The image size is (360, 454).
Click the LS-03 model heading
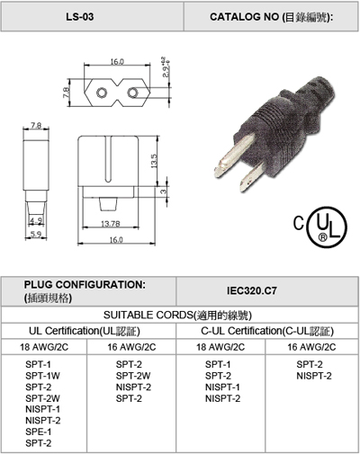tap(80, 17)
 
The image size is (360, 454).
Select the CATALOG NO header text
tap(271, 17)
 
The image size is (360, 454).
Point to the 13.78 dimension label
tap(111, 224)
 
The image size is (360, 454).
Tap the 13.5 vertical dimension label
tap(154, 161)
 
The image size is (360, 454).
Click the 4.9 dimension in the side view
tap(36, 221)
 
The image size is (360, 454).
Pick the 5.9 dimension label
tap(36, 234)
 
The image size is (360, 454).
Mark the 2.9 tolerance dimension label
tap(166, 67)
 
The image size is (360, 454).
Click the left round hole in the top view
tap(101, 93)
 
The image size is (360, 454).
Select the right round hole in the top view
tap(132, 93)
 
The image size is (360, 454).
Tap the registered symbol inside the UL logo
tap(322, 237)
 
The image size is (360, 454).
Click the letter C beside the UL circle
tap(299, 224)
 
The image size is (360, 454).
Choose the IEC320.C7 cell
tap(252, 290)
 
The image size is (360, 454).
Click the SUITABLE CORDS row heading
tap(177, 316)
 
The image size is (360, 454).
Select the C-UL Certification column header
tap(267, 331)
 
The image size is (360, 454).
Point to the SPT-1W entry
tap(42, 376)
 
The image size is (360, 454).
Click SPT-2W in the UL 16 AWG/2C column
tap(133, 376)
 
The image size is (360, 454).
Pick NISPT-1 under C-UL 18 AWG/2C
tap(222, 387)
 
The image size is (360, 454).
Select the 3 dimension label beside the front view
tap(163, 191)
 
